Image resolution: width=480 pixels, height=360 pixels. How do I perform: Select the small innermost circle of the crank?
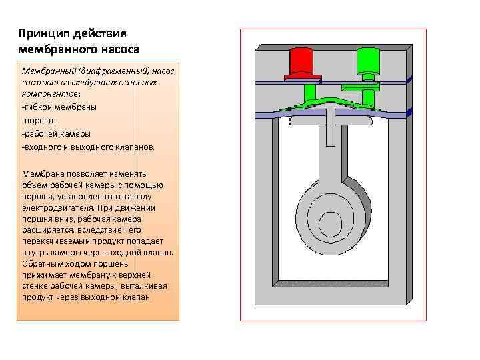click(331, 221)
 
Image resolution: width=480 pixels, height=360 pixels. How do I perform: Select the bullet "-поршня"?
click(39, 120)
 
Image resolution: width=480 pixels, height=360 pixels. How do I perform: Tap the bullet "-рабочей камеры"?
click(56, 133)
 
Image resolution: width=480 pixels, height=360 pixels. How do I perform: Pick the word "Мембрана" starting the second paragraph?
click(43, 173)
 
